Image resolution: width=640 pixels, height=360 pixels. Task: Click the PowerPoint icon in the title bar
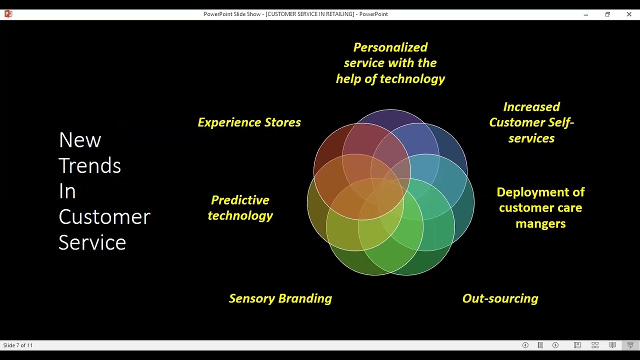[8, 14]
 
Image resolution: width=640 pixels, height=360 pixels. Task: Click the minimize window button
[585, 14]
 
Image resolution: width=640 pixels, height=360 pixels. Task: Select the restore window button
[607, 14]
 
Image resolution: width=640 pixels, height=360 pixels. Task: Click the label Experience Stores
[249, 122]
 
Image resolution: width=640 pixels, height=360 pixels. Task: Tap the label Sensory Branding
[280, 298]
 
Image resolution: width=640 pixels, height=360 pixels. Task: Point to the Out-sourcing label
[500, 298]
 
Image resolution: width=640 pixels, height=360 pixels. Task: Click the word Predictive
[240, 200]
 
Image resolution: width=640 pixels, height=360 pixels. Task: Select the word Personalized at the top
[390, 47]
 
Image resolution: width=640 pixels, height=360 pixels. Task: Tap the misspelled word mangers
[540, 223]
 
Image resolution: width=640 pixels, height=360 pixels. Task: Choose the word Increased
[531, 107]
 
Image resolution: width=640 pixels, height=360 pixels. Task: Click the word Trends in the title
[89, 165]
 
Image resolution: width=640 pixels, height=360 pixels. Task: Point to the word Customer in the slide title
[104, 217]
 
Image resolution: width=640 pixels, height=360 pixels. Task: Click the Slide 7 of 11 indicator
[18, 345]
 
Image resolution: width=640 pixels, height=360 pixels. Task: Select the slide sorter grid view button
[595, 345]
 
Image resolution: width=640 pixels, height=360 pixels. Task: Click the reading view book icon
[612, 345]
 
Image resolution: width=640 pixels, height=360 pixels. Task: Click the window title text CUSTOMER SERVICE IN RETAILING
[310, 14]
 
